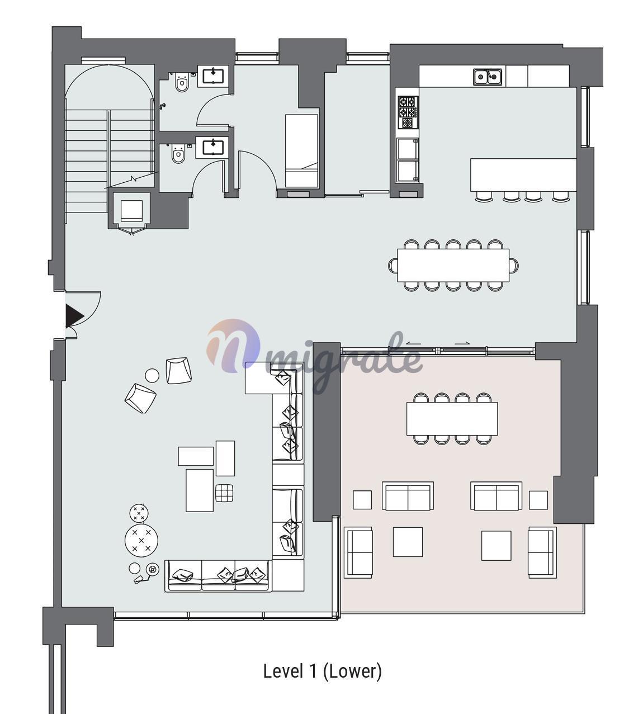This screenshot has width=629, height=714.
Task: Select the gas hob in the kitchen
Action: coord(408,112)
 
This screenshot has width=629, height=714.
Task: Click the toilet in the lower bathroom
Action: coord(178,153)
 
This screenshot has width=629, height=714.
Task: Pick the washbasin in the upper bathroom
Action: coord(213,76)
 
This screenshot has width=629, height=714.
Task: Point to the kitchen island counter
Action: coord(523,175)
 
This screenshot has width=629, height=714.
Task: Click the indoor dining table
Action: coord(453,266)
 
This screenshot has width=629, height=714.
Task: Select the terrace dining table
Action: coord(452,419)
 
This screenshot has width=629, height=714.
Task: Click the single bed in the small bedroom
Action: coord(301,151)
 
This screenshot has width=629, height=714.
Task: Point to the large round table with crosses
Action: coord(141,540)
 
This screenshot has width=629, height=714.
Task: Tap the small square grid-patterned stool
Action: coord(224,493)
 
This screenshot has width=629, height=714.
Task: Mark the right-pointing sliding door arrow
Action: coord(462,343)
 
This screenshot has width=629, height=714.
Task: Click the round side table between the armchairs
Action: coord(152,375)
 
